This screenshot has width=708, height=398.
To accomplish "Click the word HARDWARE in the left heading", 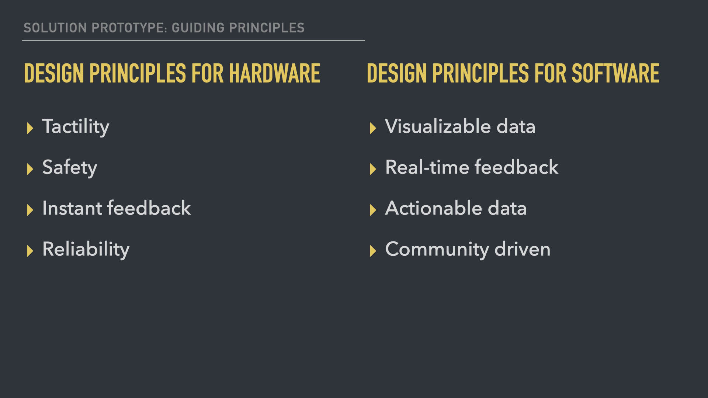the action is coord(274,73).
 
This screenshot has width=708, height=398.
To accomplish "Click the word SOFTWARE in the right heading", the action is coord(615,73).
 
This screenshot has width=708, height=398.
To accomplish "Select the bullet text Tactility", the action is coord(76,127).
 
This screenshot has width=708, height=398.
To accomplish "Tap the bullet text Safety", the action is coord(70,168).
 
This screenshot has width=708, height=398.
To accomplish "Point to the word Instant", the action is coord(72,208).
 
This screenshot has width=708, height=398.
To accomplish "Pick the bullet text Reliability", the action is coord(86,250).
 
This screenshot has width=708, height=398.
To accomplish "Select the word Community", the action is coord(437,250).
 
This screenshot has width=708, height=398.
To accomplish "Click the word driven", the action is coord(523,249).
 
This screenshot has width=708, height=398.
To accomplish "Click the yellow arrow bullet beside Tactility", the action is coord(30,128).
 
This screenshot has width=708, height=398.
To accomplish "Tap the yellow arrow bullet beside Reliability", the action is coord(30,251).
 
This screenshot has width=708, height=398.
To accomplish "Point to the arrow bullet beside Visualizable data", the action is coord(373,128).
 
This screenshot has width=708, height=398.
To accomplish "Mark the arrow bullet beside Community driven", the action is coord(373,251).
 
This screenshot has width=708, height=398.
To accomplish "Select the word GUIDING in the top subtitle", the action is coord(198,28).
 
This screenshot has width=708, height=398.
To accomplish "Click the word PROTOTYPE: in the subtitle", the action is coord(129,28).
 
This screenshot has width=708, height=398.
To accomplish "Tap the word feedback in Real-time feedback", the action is coord(516,167).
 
